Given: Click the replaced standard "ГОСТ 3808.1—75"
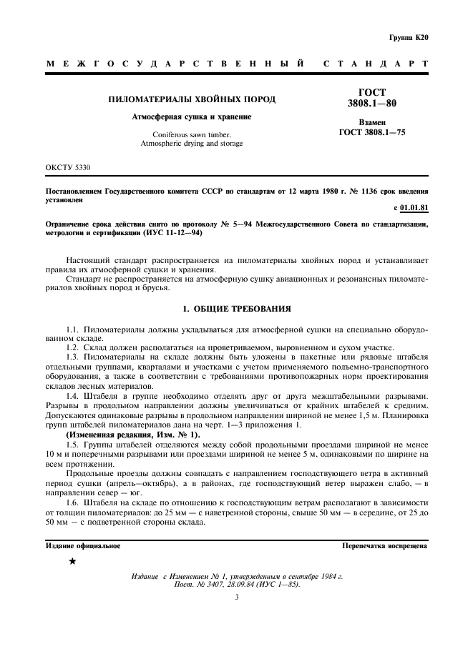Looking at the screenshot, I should (371, 132).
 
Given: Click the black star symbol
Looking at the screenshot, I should (72, 562).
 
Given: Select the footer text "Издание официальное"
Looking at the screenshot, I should (83, 545).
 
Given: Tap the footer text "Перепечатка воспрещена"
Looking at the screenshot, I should (386, 545).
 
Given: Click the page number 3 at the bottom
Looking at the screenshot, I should (236, 599).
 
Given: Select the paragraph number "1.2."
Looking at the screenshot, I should (74, 347).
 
